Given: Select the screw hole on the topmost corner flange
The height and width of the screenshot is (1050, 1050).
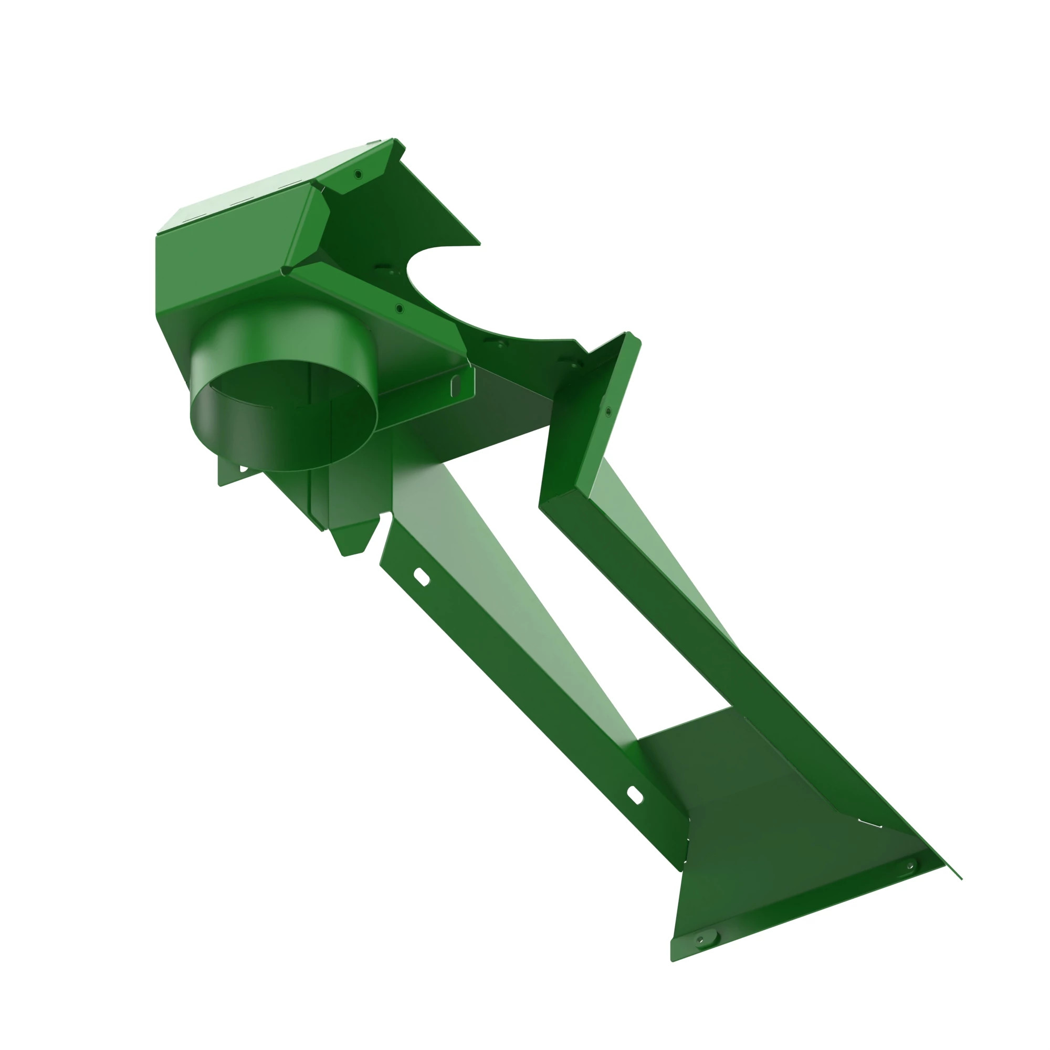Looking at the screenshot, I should (358, 174).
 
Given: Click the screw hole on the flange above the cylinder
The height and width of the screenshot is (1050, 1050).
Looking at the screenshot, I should (400, 309).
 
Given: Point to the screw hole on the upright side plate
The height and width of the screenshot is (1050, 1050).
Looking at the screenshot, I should (608, 412).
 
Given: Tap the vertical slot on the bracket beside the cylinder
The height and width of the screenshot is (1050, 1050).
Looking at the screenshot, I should (455, 385).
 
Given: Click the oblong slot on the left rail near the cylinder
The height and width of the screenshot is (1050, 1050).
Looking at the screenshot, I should (422, 577).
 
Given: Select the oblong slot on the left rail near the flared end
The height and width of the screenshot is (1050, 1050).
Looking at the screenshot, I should (635, 795).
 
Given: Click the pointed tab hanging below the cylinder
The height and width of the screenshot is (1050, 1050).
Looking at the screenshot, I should (353, 538).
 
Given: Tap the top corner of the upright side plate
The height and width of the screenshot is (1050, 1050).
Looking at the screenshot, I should (629, 334).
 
